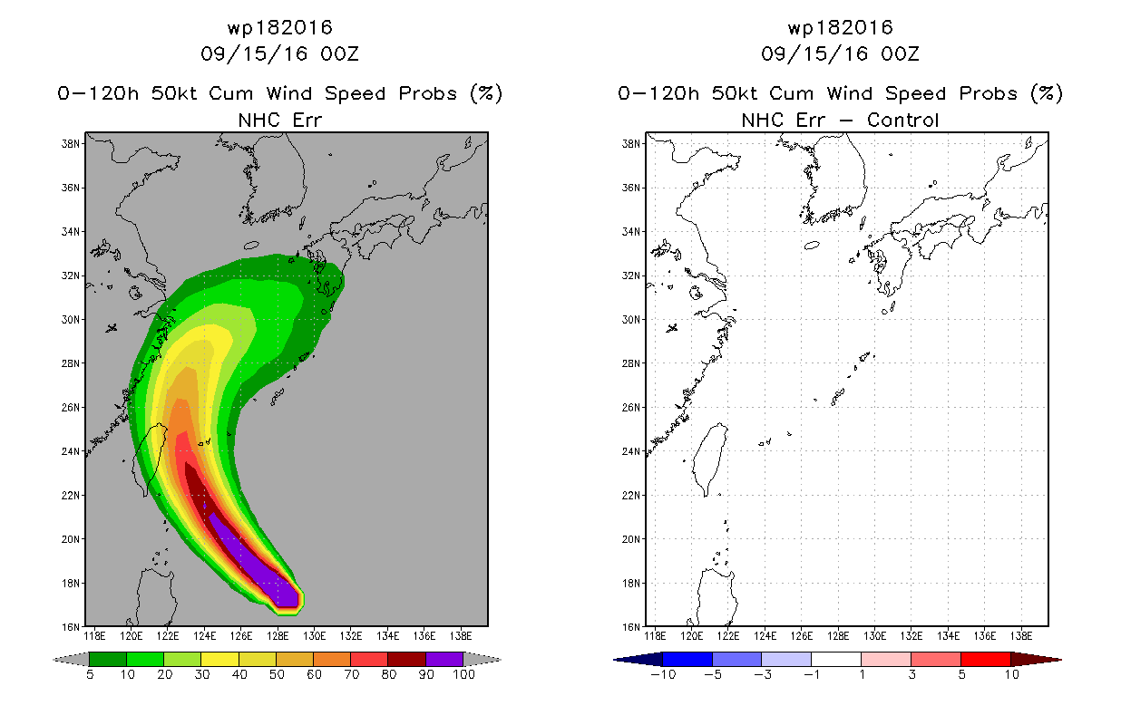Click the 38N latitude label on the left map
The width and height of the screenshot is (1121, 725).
[70, 144]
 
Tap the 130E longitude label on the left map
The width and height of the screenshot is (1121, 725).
[315, 636]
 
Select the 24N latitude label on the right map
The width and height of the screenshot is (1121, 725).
[630, 451]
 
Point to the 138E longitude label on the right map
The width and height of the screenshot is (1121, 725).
[1021, 636]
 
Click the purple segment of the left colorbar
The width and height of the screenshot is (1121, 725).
[444, 659]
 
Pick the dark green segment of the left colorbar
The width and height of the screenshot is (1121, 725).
[108, 659]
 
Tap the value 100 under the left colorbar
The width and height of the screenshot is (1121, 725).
[464, 674]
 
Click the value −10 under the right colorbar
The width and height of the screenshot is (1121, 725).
[663, 674]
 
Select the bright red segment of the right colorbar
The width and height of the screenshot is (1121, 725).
[986, 659]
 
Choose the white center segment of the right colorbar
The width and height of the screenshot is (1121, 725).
[836, 659]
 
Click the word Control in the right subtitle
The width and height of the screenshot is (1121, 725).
[902, 121]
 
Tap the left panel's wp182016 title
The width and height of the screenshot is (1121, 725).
[280, 28]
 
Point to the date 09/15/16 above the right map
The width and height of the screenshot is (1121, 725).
[814, 53]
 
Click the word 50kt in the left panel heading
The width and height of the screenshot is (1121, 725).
[174, 93]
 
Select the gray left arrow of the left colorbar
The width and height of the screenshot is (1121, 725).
[71, 659]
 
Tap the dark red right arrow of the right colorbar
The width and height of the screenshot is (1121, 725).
[1037, 659]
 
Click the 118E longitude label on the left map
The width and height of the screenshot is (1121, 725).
[94, 636]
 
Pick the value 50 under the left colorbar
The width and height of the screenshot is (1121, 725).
[277, 674]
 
